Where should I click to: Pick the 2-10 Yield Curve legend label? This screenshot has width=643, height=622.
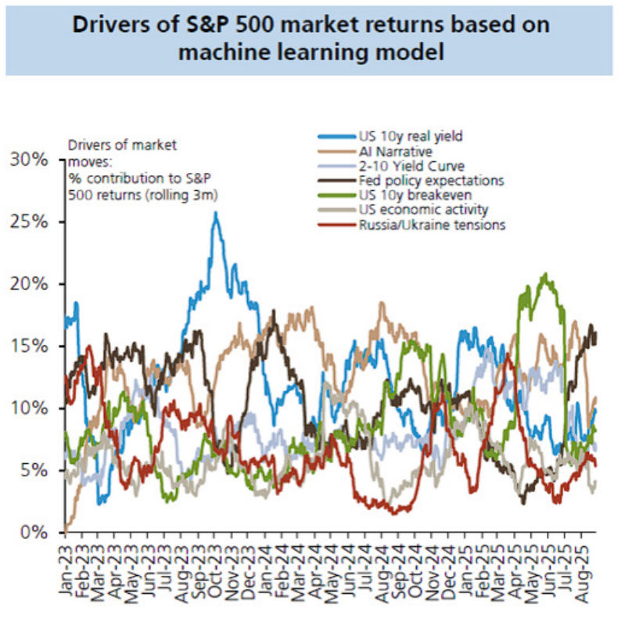[x=401, y=166]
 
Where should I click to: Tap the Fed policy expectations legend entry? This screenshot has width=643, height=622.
[x=420, y=181]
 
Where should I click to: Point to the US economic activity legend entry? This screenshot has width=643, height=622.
[x=412, y=210]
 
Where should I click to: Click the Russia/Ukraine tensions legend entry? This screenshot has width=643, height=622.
[x=421, y=225]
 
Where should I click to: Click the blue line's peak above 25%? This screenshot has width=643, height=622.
[x=215, y=213]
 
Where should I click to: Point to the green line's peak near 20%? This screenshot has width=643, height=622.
[x=544, y=275]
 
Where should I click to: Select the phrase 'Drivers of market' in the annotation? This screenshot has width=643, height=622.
[x=111, y=145]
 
